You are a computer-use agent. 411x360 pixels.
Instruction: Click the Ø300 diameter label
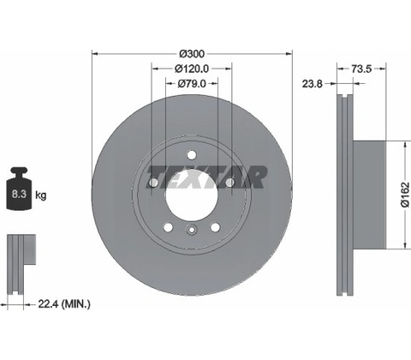[x=192, y=53]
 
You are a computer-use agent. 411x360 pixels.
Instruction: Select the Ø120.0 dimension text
[x=192, y=69]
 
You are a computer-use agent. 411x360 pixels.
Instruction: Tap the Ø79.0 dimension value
[x=192, y=83]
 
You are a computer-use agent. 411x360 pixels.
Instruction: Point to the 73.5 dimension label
[x=361, y=69]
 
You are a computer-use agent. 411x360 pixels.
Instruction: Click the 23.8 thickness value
[x=313, y=84]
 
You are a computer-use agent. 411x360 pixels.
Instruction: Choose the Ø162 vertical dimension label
[x=405, y=195]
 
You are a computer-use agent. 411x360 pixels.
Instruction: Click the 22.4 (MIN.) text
[x=64, y=304]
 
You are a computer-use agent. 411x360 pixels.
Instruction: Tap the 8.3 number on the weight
[x=19, y=194]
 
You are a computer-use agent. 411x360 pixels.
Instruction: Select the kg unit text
[x=40, y=195]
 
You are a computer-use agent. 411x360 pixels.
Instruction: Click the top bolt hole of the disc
[x=192, y=155]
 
